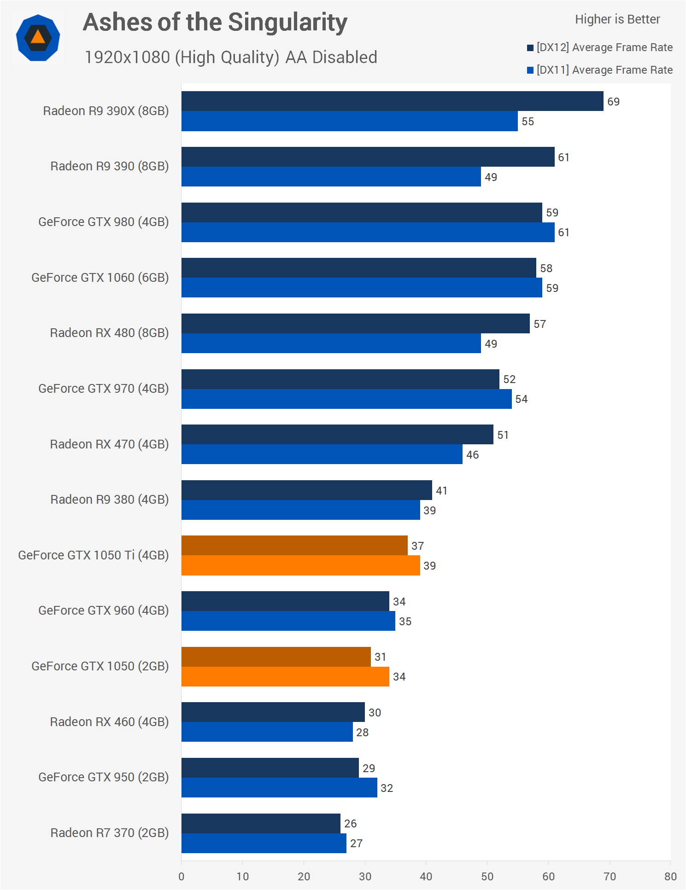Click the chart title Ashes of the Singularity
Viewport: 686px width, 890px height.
click(x=215, y=23)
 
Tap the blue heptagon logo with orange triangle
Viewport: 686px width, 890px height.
click(x=38, y=38)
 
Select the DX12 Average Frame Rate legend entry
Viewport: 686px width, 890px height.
click(x=600, y=47)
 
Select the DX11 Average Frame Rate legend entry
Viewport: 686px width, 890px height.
click(x=600, y=70)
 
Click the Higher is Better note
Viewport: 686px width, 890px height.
click(x=617, y=19)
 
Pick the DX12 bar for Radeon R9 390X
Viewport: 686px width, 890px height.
click(x=392, y=101)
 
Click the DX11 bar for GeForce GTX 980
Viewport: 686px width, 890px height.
click(x=368, y=233)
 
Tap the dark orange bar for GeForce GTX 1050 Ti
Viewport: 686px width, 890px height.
click(x=294, y=546)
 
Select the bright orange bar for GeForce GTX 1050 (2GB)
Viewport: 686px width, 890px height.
click(x=285, y=677)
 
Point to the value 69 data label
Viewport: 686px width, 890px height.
click(x=613, y=102)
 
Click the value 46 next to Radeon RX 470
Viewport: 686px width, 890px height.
click(x=472, y=455)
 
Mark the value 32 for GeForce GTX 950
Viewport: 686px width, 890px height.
click(x=387, y=788)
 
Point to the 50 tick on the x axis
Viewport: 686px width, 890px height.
click(x=487, y=876)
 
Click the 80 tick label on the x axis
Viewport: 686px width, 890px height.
click(x=670, y=876)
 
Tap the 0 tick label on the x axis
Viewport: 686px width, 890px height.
click(x=182, y=876)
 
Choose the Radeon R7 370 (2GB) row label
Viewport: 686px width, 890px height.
click(x=109, y=833)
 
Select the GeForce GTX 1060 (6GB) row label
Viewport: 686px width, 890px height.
click(x=100, y=278)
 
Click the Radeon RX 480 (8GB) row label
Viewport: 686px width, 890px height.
click(x=109, y=333)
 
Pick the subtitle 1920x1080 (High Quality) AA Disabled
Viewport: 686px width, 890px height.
click(x=231, y=58)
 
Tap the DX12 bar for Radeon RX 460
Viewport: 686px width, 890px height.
click(x=273, y=712)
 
